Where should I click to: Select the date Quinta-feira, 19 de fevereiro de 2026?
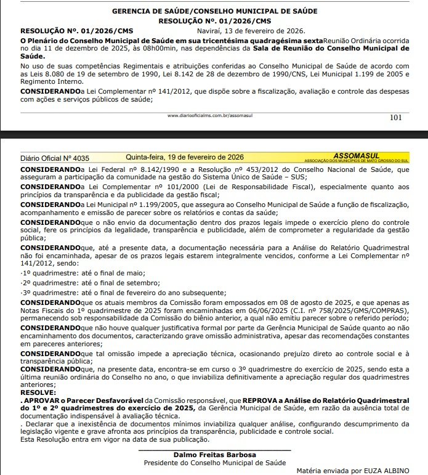(185, 157)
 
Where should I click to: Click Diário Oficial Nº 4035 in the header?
(55, 158)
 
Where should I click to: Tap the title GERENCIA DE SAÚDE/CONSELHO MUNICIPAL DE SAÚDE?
(214, 11)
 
